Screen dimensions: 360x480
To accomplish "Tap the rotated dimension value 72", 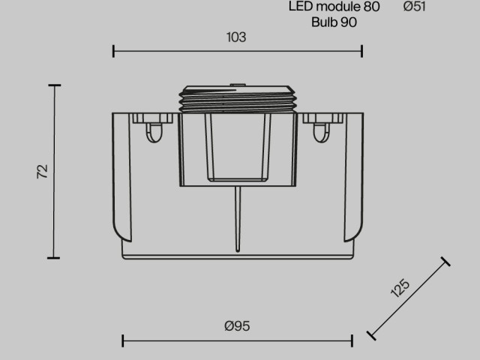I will (42, 172).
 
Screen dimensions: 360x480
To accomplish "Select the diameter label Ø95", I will (237, 325).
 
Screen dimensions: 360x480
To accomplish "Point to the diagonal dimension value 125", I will (400, 289).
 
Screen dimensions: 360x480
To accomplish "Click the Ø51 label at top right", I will (415, 7).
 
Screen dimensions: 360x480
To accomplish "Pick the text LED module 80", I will (334, 7).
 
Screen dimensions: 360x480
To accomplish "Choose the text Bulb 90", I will (334, 22).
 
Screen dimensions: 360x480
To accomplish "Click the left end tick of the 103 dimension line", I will (113, 51).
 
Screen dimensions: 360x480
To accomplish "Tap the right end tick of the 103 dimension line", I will (362, 51).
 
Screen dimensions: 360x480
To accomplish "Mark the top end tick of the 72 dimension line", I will (54, 85).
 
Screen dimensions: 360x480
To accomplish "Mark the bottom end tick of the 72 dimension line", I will (54, 257).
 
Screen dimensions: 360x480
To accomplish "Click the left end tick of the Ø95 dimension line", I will (122, 340).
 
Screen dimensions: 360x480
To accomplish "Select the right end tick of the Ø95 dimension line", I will (352, 340).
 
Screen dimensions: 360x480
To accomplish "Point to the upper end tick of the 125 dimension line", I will (446, 261).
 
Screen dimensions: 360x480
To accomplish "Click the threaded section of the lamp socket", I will (237, 99).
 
